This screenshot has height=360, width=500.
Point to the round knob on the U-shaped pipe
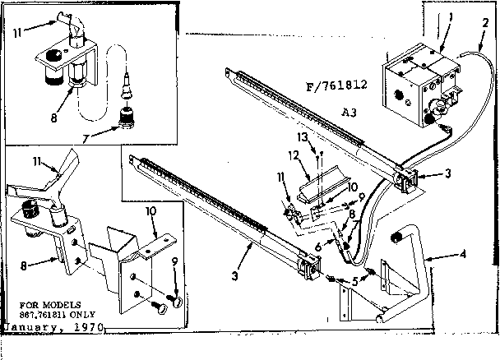point(398,238)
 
